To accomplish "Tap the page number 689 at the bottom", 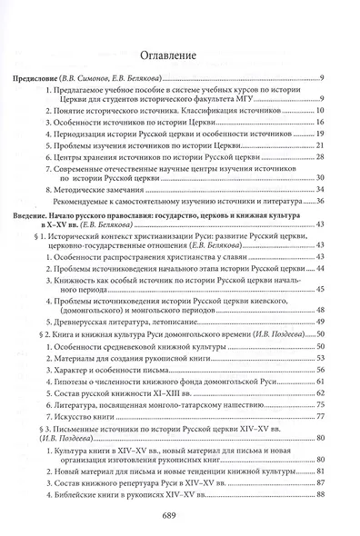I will click(x=179, y=513).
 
